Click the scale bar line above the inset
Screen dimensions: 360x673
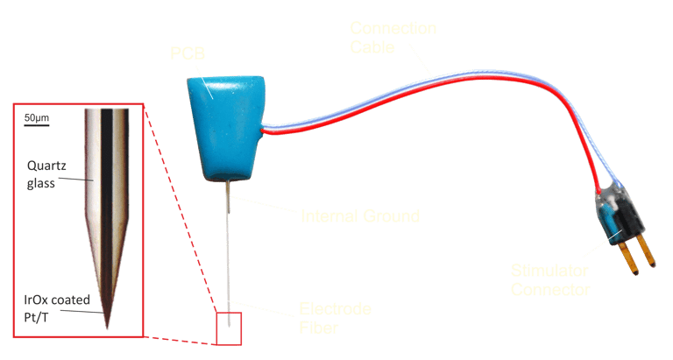click(36, 124)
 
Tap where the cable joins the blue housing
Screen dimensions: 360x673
click(264, 131)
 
